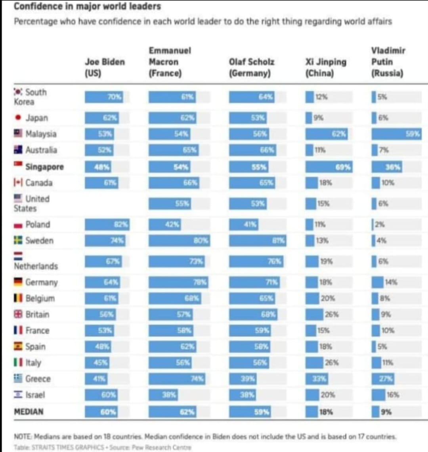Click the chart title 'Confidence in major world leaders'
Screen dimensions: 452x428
tap(87, 6)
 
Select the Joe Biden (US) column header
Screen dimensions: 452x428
tap(105, 67)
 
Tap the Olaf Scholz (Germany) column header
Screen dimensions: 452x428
tap(252, 67)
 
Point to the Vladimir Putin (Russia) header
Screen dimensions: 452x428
tap(388, 62)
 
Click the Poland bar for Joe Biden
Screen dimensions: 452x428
tap(107, 224)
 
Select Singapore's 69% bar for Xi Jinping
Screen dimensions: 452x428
tap(329, 167)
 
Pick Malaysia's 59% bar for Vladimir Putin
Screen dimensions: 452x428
tap(396, 134)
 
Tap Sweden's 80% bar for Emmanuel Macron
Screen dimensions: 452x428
tap(179, 241)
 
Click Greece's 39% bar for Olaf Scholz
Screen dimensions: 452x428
tap(243, 379)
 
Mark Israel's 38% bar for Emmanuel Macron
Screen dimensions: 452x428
tap(163, 395)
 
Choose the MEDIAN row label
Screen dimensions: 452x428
tap(29, 412)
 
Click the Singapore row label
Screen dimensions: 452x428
tap(44, 167)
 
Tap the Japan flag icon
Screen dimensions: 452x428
tap(18, 118)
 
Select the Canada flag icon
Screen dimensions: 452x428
tap(18, 183)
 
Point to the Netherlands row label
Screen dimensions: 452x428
tap(36, 266)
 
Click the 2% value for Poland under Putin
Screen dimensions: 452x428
tap(380, 224)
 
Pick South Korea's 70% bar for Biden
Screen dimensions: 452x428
tap(104, 97)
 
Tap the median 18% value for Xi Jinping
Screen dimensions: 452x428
tap(326, 412)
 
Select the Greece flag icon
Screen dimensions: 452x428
tap(18, 379)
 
